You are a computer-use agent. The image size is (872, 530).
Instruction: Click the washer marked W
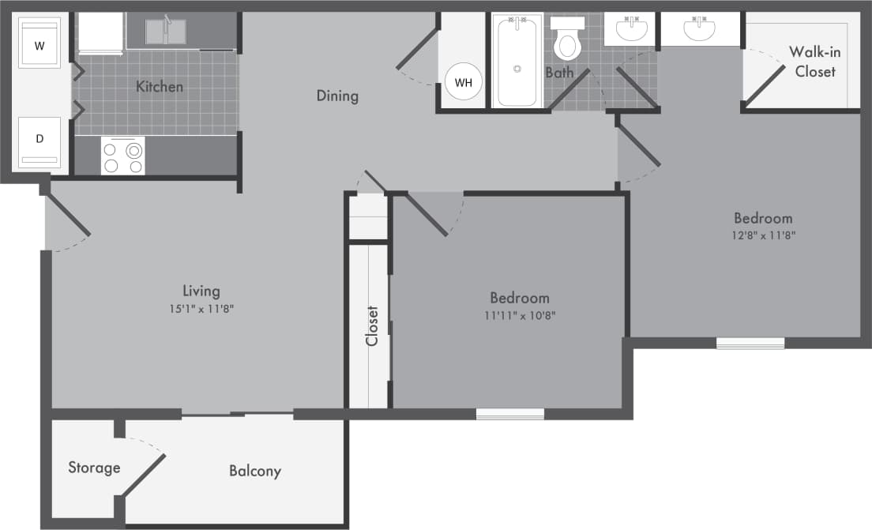click(x=39, y=45)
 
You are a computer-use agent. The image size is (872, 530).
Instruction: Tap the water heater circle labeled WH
click(x=463, y=81)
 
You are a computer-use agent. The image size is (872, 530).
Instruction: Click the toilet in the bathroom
click(x=567, y=39)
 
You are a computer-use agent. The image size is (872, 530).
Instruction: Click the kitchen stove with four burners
click(x=122, y=156)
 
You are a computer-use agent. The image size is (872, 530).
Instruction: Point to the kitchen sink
click(x=166, y=32)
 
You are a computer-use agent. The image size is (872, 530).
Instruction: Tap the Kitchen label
click(x=160, y=86)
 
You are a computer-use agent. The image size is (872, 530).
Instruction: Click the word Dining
click(x=337, y=96)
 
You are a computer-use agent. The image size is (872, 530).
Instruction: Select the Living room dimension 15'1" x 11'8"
click(x=201, y=309)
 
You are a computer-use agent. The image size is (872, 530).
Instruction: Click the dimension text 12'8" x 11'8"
click(x=763, y=235)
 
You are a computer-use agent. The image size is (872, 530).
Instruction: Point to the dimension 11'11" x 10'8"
click(x=519, y=315)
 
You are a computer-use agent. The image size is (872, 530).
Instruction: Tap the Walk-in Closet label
click(x=811, y=62)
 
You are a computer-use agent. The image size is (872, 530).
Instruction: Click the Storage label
click(x=94, y=468)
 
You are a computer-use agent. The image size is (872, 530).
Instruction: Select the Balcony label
click(x=254, y=471)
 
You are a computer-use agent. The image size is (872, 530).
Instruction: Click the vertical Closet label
click(x=372, y=325)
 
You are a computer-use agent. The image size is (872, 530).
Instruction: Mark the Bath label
click(x=559, y=73)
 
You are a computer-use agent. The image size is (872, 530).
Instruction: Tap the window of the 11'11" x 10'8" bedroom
click(x=510, y=414)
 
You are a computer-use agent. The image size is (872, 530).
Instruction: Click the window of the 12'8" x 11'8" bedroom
click(x=750, y=344)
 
